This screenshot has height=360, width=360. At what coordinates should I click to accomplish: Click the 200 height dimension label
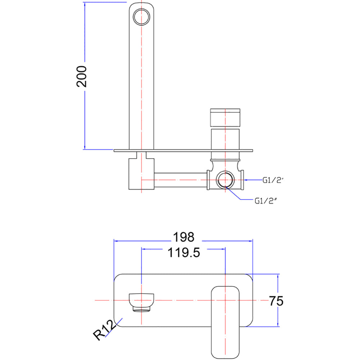(x=81, y=76)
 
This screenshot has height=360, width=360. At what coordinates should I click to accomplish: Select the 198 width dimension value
(x=184, y=237)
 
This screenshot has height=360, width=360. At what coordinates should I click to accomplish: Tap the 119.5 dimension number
(x=184, y=253)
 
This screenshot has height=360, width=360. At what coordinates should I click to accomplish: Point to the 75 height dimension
(x=276, y=301)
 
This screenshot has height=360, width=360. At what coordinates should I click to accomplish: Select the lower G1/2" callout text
(x=266, y=201)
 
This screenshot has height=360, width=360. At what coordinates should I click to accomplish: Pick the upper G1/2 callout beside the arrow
(x=272, y=180)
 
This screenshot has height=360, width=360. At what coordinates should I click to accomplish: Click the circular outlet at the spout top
(x=141, y=17)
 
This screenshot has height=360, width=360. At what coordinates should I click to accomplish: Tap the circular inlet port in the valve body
(x=225, y=180)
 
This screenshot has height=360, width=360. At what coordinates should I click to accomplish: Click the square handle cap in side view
(x=225, y=117)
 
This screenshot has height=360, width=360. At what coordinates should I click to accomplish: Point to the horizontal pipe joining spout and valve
(x=181, y=180)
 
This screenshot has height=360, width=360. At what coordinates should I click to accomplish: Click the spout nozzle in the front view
(x=141, y=302)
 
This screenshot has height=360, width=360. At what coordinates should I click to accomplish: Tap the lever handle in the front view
(x=225, y=322)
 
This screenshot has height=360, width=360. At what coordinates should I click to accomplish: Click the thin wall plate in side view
(x=183, y=150)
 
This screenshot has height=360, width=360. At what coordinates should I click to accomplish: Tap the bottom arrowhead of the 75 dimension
(x=278, y=324)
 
